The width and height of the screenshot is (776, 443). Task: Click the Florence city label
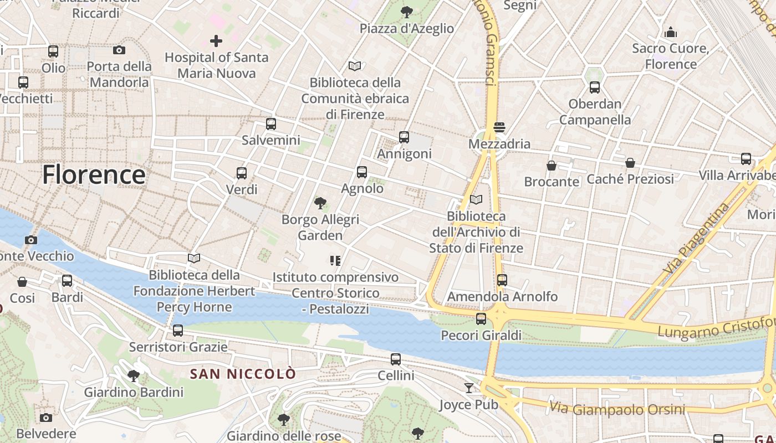[x=94, y=174]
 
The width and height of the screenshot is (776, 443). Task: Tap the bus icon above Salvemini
[x=270, y=124]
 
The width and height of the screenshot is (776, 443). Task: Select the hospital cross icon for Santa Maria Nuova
[x=216, y=40]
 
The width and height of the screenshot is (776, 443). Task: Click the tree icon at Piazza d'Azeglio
[x=407, y=12]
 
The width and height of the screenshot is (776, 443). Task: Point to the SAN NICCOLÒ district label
[x=243, y=374]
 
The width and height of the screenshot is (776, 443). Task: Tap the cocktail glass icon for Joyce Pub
[x=469, y=388]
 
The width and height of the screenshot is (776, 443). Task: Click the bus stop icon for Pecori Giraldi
[x=481, y=319]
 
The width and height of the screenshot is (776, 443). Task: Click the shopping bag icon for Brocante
[x=551, y=165]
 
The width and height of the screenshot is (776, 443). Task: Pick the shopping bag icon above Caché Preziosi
[x=630, y=163]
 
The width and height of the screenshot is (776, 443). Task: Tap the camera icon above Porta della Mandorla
[x=119, y=50]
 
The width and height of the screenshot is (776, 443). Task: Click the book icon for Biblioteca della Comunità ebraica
[x=355, y=66]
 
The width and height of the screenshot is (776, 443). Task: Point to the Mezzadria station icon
[x=499, y=127]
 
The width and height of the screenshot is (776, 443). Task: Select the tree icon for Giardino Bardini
[x=134, y=376]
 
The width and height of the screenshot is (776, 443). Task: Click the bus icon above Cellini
[x=396, y=359]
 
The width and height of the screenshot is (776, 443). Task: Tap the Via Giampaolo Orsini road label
[x=617, y=410]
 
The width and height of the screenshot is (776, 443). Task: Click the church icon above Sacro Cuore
[x=671, y=32]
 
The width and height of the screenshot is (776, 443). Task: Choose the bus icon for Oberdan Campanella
[x=594, y=87]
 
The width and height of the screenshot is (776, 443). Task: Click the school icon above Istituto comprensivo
[x=335, y=260]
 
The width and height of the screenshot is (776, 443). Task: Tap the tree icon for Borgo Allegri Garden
[x=320, y=203]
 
